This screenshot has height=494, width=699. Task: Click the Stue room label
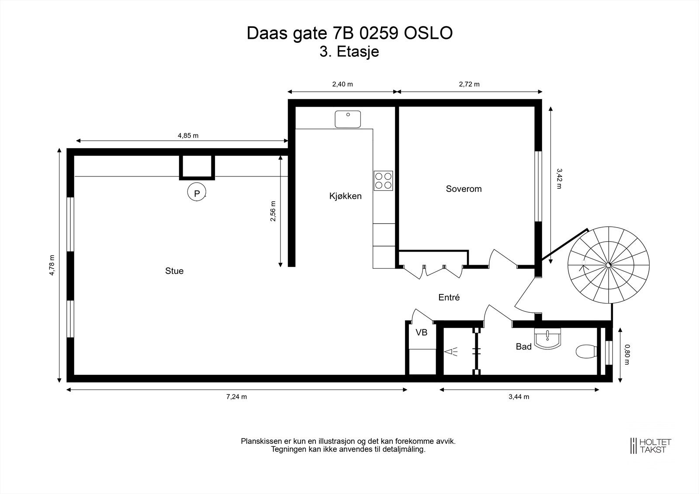tap(174, 270)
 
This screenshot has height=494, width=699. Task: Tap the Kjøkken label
tap(346, 196)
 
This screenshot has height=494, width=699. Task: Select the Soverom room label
tap(464, 189)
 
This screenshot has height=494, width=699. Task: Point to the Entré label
tap(449, 297)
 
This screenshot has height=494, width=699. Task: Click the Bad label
tap(524, 346)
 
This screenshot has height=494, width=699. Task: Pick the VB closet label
tap(421, 332)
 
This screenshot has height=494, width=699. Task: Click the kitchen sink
tap(348, 119)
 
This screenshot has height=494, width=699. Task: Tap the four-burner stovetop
tap(383, 181)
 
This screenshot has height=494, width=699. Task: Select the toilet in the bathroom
tap(586, 352)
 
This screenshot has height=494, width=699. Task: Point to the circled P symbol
tap(197, 192)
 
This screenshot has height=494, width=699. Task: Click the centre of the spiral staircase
tap(608, 265)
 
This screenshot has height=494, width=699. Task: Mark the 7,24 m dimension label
tap(236, 397)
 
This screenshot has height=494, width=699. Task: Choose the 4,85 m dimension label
tap(188, 135)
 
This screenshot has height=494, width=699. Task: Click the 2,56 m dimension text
tap(273, 211)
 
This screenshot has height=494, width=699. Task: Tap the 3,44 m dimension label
tap(519, 397)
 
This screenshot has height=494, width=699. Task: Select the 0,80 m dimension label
tap(627, 355)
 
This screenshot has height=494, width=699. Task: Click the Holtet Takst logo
tap(651, 446)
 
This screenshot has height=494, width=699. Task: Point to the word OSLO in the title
tap(428, 33)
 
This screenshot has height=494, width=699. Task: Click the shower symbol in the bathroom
tap(450, 352)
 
